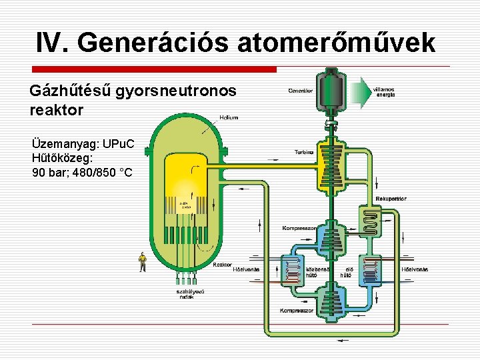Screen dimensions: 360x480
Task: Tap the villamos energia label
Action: tap(385, 92)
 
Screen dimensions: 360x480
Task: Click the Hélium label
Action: tap(228, 117)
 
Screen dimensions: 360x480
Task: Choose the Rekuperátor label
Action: tap(391, 199)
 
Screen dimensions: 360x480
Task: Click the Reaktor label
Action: tap(221, 265)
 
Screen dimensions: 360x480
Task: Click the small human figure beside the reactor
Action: tap(142, 261)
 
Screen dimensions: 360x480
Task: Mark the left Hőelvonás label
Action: tap(246, 269)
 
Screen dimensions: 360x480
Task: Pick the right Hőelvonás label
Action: tap(415, 269)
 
